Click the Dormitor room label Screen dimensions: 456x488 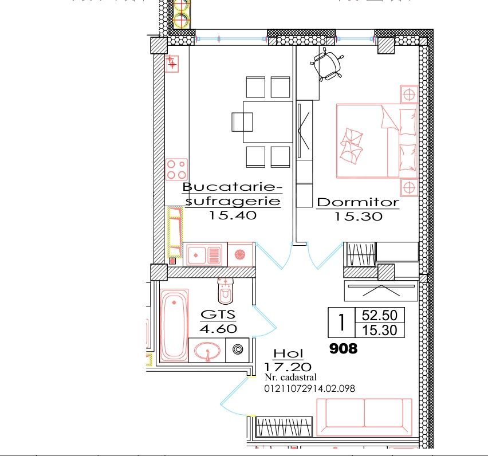tap(357, 202)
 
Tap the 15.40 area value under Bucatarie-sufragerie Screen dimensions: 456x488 tap(231, 215)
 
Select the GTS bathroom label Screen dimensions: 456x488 tap(218, 315)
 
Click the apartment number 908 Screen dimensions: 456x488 tap(343, 348)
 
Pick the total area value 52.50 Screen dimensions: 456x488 tap(380, 315)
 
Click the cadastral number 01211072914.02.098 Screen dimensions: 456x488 tap(310, 388)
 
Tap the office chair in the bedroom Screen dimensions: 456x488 tap(328, 65)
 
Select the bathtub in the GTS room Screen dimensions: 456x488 tap(173, 326)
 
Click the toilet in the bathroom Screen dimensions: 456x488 tap(226, 291)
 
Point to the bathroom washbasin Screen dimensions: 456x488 tap(206, 350)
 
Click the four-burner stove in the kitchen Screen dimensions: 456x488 tap(176, 170)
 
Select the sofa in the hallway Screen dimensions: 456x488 tap(364, 417)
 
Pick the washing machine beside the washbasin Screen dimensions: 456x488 tap(238, 349)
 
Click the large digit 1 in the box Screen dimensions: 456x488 tap(341, 323)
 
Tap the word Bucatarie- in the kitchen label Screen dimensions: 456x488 tap(233, 187)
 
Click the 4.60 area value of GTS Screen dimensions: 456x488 tap(218, 329)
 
